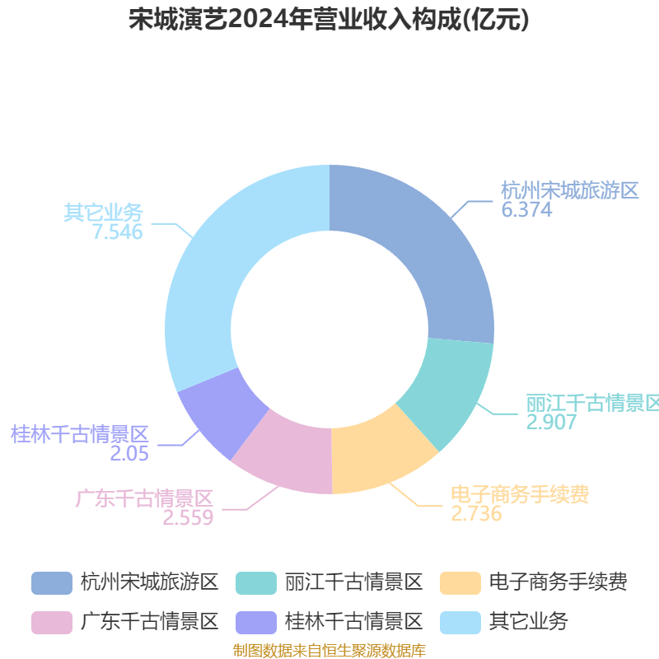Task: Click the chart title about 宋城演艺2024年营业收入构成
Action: [329, 19]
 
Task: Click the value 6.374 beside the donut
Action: [526, 210]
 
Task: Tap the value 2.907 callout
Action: [551, 423]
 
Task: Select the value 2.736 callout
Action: [477, 513]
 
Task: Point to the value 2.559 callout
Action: [188, 518]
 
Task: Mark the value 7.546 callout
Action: [118, 232]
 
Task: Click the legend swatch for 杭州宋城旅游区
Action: [52, 583]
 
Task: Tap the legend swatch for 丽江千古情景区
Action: [256, 583]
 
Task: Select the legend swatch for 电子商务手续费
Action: [460, 583]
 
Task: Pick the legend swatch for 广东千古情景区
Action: [52, 623]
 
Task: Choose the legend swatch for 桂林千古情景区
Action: [256, 623]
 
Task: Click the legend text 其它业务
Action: [529, 622]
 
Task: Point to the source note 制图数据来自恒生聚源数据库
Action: [329, 651]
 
